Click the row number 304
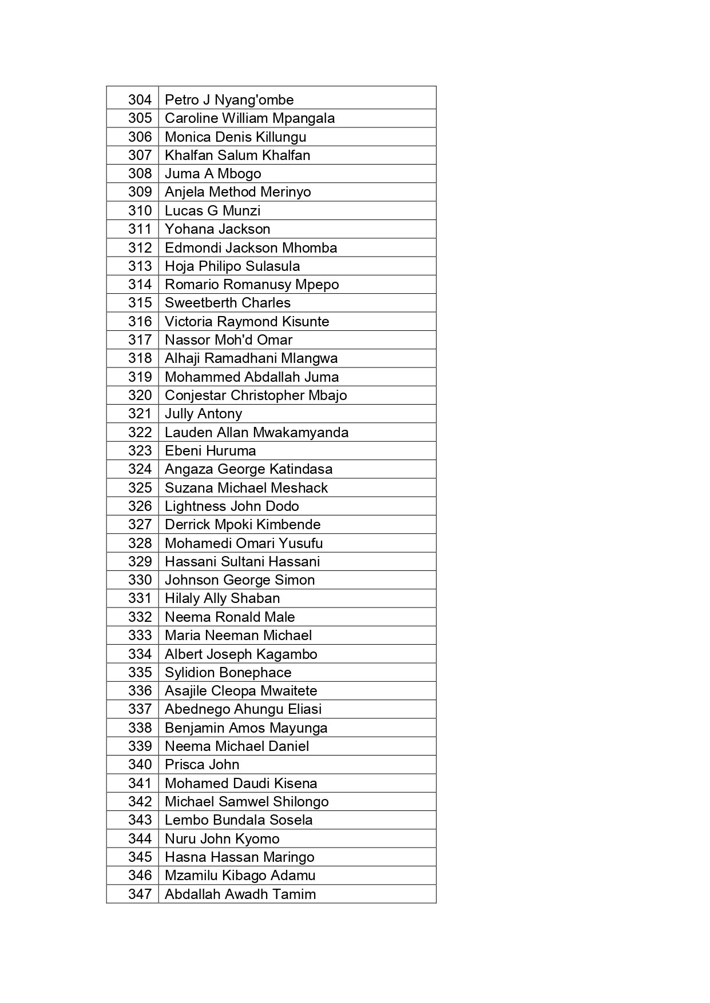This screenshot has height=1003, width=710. (140, 100)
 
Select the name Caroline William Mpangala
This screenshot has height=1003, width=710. (249, 118)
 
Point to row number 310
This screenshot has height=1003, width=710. (140, 211)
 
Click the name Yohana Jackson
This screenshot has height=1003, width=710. (217, 229)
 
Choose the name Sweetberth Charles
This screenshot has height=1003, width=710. (228, 303)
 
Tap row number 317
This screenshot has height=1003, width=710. (140, 340)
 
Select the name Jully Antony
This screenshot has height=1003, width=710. (203, 414)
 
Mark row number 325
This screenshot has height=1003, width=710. (140, 488)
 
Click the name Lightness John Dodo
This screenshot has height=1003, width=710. (232, 506)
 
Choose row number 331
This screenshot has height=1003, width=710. (140, 598)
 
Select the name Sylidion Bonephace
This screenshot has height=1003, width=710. (228, 673)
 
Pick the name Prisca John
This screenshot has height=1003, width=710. (202, 765)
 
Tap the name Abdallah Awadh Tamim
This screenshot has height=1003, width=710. (240, 894)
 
